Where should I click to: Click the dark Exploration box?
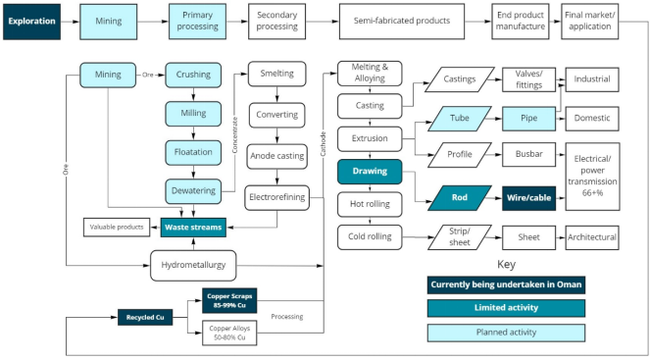(33, 19)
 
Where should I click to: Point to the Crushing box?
(194, 75)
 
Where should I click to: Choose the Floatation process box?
(194, 152)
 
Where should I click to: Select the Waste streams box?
(194, 228)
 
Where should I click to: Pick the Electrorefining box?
(277, 197)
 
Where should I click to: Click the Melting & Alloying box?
(370, 73)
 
